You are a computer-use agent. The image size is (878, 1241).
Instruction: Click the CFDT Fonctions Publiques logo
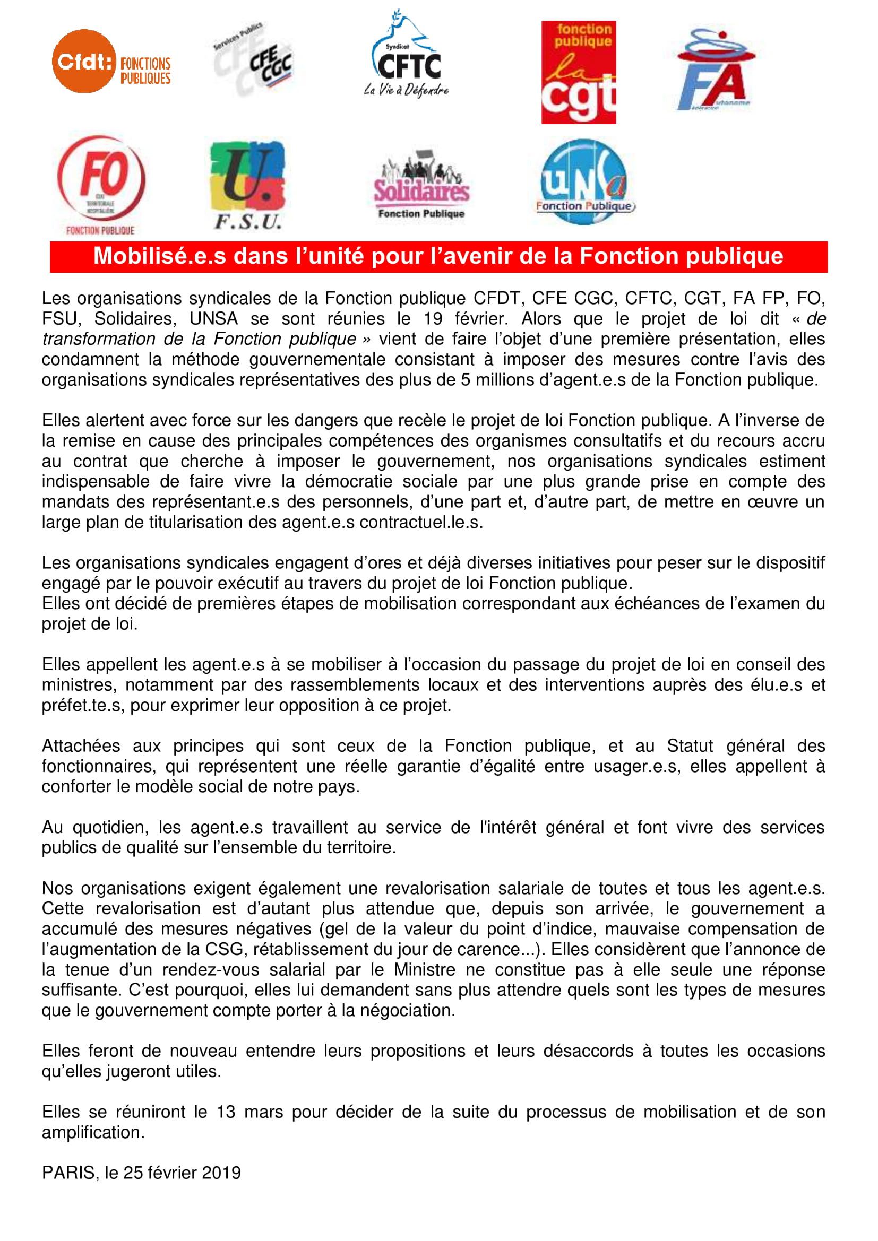tap(111, 62)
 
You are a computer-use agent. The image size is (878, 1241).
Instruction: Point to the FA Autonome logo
tap(715, 69)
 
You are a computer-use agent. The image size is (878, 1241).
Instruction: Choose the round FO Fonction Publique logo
tap(101, 184)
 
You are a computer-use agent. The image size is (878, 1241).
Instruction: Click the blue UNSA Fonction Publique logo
tap(584, 181)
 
